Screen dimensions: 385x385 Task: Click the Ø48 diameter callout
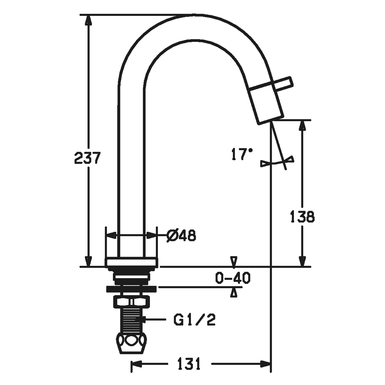[x=181, y=235]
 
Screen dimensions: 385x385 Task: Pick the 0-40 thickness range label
[x=233, y=278]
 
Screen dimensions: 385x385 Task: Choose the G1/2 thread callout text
[x=194, y=320]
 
